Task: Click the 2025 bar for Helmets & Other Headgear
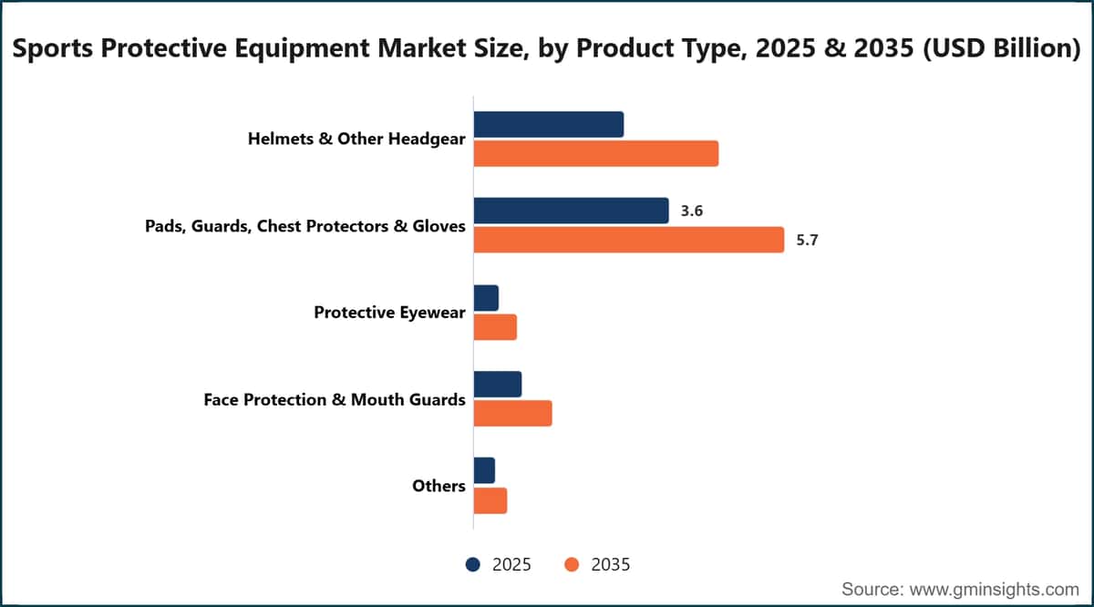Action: (549, 125)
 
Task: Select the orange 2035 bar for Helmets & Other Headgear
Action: (596, 154)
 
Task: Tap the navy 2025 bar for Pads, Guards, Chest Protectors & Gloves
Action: (571, 211)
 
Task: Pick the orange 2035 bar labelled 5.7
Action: (629, 240)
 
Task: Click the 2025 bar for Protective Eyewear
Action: (486, 298)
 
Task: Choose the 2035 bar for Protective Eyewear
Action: (495, 327)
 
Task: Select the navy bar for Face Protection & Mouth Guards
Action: (498, 385)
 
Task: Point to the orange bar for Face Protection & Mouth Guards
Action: (512, 414)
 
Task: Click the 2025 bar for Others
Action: (484, 471)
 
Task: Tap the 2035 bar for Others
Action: (490, 500)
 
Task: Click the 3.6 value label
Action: (692, 211)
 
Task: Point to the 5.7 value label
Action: (807, 241)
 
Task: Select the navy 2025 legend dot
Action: (473, 564)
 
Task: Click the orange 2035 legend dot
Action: (572, 564)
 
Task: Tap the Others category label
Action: (439, 486)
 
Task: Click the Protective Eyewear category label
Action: (389, 313)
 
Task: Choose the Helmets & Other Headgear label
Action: (356, 139)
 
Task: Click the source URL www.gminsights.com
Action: (994, 590)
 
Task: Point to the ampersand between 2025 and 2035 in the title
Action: (835, 48)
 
